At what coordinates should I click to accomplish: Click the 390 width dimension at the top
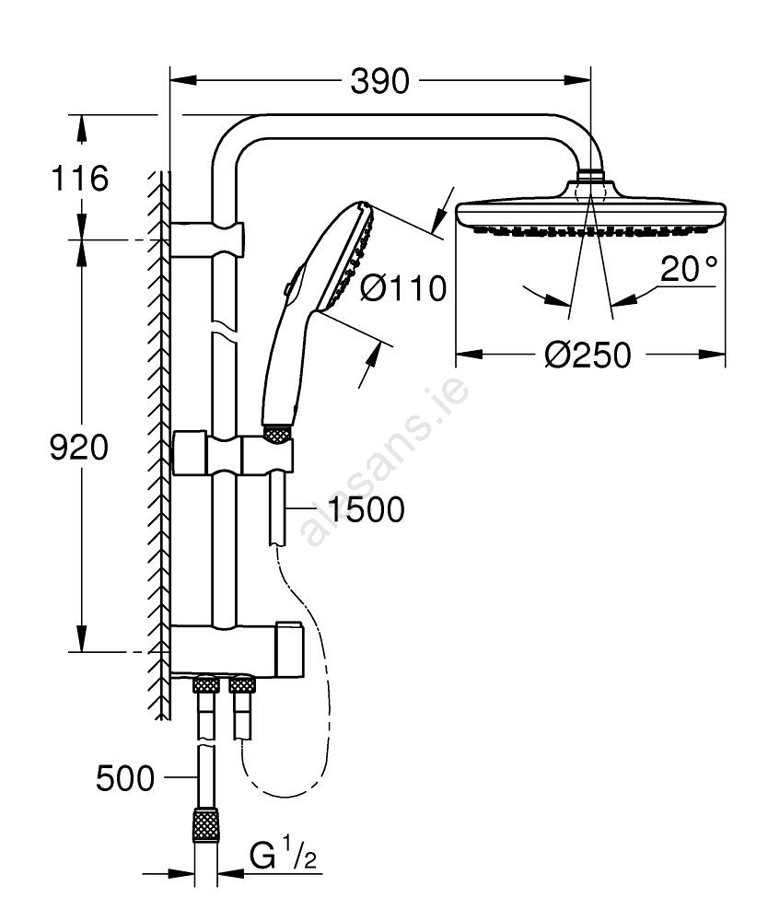(x=379, y=82)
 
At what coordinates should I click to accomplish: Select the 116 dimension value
(x=80, y=178)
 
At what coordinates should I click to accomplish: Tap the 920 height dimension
(x=78, y=448)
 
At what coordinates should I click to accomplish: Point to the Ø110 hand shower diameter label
(x=403, y=288)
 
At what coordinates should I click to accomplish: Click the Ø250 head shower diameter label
(x=588, y=354)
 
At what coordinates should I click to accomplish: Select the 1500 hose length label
(x=366, y=509)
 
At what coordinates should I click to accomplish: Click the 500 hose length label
(x=125, y=779)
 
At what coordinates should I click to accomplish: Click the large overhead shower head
(x=590, y=213)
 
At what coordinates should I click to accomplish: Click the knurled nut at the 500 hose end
(x=205, y=824)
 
